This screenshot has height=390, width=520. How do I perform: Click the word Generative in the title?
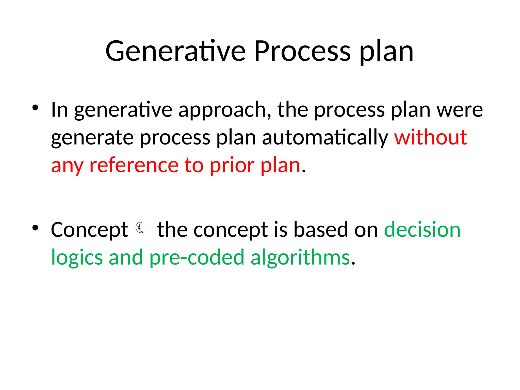point(175,51)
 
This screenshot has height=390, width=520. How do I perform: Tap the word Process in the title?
point(302,51)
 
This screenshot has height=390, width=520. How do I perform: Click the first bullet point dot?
point(35,108)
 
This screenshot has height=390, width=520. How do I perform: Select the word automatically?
point(325,138)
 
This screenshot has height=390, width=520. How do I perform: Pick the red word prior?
point(232,166)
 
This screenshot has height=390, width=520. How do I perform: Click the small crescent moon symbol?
point(140,227)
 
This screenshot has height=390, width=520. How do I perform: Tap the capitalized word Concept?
point(89,230)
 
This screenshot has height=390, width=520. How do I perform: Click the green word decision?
point(422,230)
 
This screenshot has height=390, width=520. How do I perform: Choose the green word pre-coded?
point(197,258)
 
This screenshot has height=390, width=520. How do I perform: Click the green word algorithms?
point(300,258)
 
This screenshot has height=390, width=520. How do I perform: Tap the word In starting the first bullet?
point(59,110)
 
